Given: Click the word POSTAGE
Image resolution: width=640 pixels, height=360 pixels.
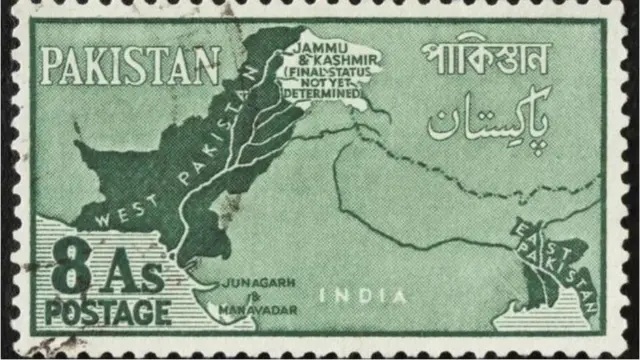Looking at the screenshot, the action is (107, 312).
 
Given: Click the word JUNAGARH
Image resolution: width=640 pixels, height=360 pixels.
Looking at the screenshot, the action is (254, 282).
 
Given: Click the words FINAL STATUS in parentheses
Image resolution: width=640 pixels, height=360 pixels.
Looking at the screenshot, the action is (320, 72).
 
